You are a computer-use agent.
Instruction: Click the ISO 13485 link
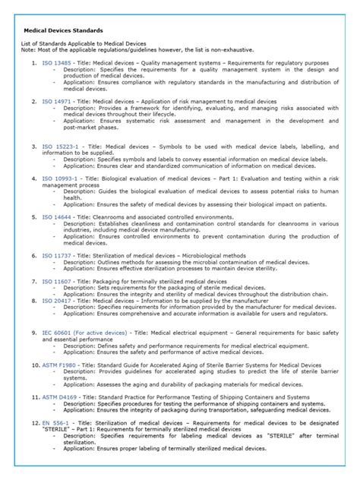point(57,63)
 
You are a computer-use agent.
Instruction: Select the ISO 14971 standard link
point(57,100)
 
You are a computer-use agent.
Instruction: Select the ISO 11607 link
point(57,281)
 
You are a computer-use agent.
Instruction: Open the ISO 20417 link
point(57,300)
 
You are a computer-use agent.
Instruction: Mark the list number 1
point(35,63)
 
